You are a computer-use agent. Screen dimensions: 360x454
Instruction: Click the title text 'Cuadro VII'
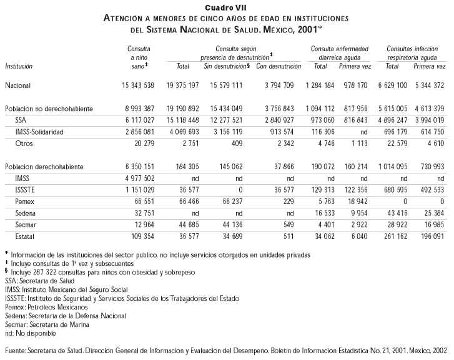click(226, 7)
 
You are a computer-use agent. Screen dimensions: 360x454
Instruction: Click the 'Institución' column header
click(19, 66)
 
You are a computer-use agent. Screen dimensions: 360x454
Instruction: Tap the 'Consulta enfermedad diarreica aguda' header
click(339, 52)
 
